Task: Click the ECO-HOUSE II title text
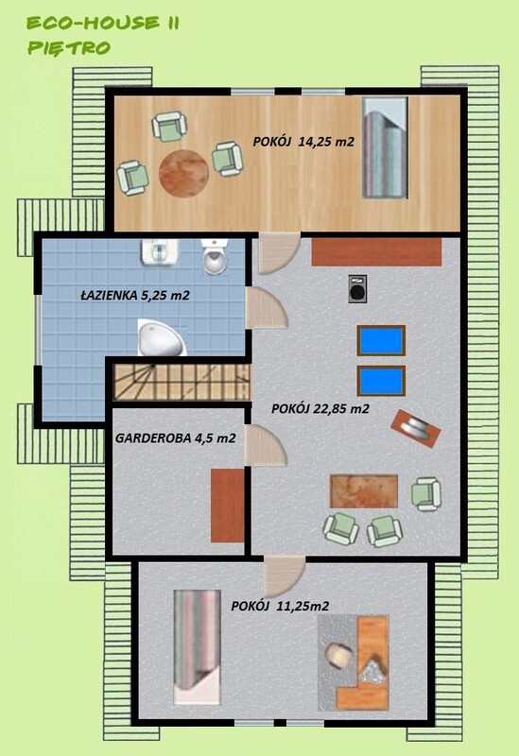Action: (x=103, y=23)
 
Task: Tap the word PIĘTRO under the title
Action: (x=69, y=48)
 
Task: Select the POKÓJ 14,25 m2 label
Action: (x=303, y=141)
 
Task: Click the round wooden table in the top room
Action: (x=183, y=173)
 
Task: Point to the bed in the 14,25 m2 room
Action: (x=385, y=147)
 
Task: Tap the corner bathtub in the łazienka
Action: (x=162, y=337)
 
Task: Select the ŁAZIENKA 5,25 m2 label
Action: (x=135, y=295)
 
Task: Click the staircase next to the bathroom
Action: (x=182, y=382)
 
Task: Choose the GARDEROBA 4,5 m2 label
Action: (x=176, y=438)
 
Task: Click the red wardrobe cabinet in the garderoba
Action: (x=227, y=506)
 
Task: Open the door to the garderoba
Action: (x=266, y=445)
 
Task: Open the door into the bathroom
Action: (x=267, y=308)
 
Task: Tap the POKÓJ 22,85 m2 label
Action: (x=320, y=408)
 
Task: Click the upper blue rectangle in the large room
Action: (x=381, y=340)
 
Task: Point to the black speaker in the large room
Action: (x=357, y=289)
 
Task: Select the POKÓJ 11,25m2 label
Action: (x=280, y=606)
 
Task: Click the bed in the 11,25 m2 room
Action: (x=198, y=646)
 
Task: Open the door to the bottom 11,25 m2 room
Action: (x=285, y=576)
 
